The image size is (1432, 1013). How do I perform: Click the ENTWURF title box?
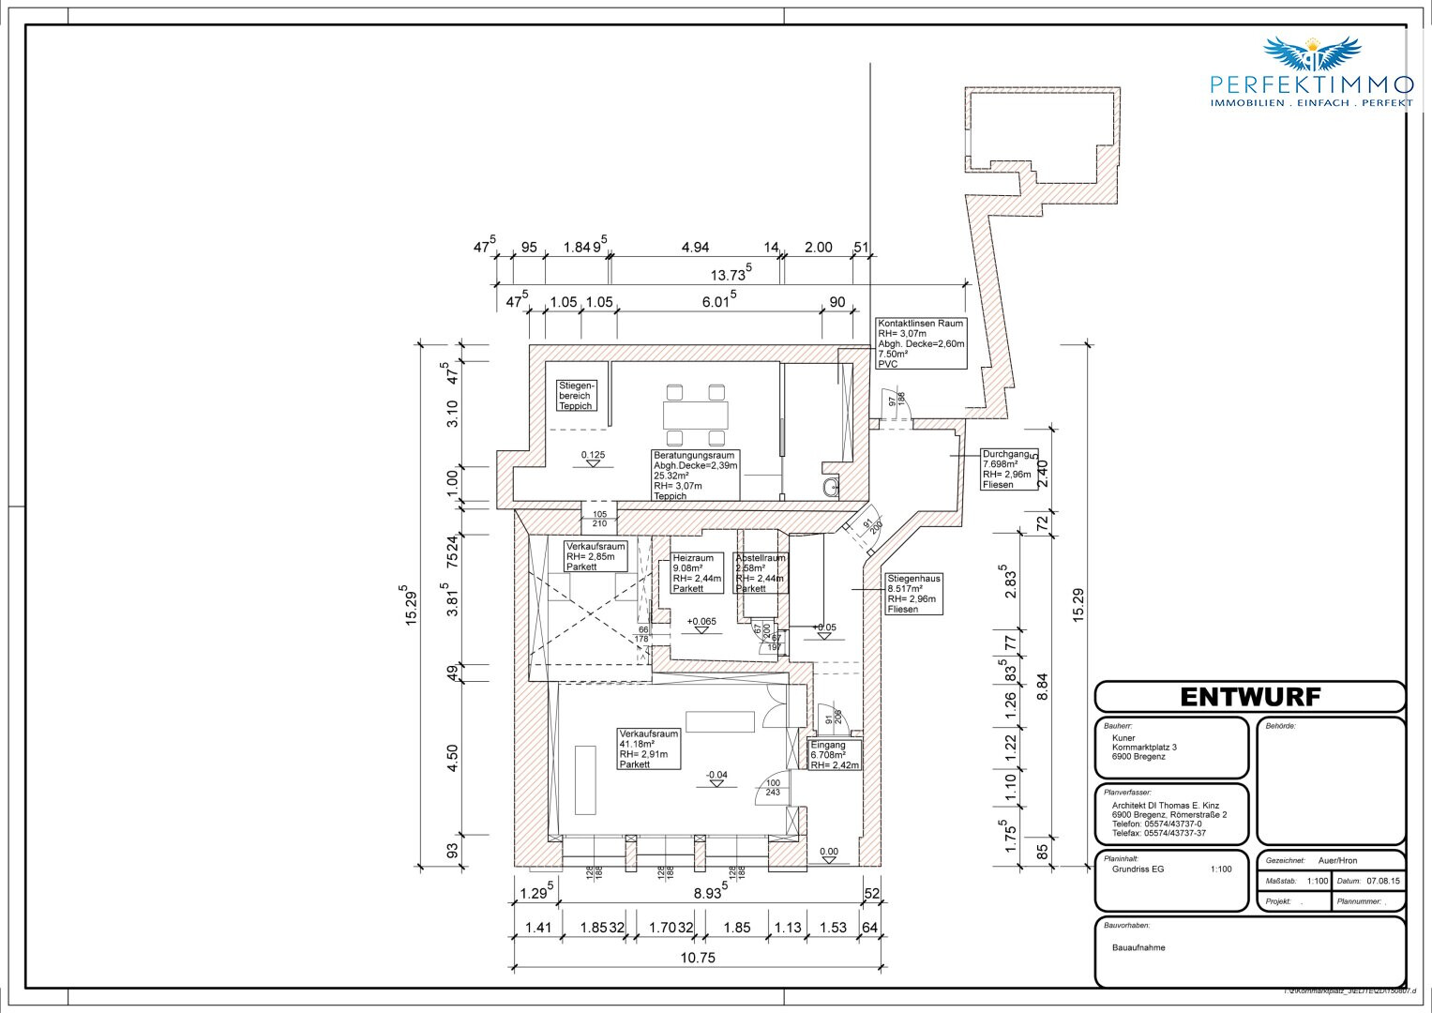tap(1249, 697)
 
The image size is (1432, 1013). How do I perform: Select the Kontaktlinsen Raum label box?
tap(920, 343)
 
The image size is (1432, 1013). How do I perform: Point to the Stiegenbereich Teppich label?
tap(576, 396)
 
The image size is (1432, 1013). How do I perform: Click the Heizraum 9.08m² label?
tap(697, 573)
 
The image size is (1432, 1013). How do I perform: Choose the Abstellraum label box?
tap(761, 573)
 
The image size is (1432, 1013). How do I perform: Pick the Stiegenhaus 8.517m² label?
tap(914, 594)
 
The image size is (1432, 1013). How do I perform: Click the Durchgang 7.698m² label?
tap(1009, 469)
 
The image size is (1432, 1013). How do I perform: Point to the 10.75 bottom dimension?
tap(699, 958)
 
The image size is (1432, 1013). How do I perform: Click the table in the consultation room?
tap(695, 414)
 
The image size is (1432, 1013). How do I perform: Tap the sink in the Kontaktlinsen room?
tap(825, 487)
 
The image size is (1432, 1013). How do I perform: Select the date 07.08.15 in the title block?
tap(1383, 882)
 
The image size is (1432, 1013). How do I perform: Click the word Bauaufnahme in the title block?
tap(1139, 947)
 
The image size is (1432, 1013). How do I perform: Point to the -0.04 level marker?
tap(717, 775)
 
